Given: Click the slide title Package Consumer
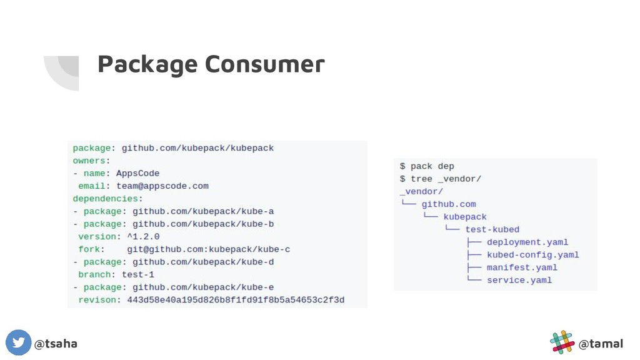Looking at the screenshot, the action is [211, 64].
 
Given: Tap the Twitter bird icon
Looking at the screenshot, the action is [18, 343].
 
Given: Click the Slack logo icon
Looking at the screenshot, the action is [562, 342].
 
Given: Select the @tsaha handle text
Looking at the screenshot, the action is [56, 344].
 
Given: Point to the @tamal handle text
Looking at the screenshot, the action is [601, 344].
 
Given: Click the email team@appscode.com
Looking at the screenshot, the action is [162, 186].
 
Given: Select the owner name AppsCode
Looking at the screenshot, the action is [137, 173].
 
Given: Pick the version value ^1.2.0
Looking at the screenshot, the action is [143, 237].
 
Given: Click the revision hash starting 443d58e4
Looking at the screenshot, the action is [236, 300].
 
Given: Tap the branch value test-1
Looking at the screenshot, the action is [138, 274].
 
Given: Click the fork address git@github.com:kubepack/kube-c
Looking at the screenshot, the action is [208, 249].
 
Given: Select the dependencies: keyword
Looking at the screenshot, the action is [107, 199].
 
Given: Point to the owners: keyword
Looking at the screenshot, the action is [91, 161].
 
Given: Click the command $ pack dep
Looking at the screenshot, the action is [427, 166].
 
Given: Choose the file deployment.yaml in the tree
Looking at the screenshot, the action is [527, 242].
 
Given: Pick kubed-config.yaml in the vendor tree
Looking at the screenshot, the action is [532, 255].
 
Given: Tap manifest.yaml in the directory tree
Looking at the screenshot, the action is [522, 267].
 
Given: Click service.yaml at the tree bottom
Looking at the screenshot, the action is [519, 280].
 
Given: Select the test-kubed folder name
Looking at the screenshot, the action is [492, 229].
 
